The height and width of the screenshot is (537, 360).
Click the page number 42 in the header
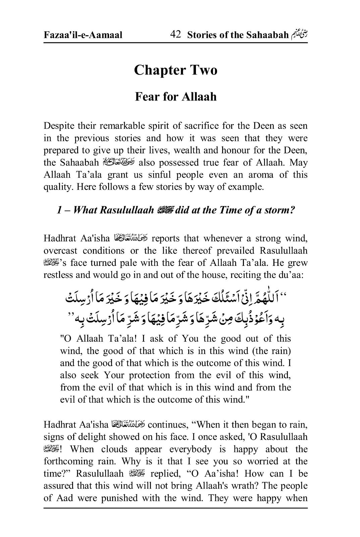[x=176, y=34]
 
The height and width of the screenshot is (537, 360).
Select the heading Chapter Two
[x=175, y=70]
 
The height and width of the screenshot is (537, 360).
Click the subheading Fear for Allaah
[x=175, y=97]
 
